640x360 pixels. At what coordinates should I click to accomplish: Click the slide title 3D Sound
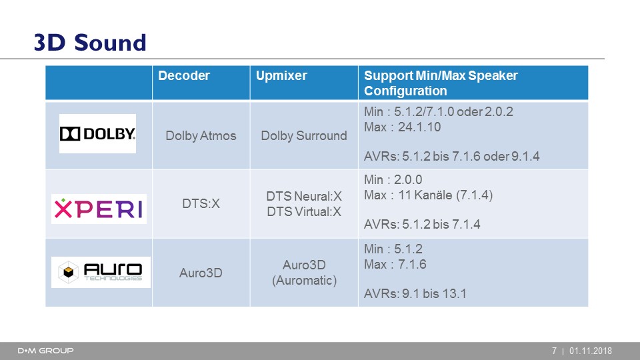coord(90,43)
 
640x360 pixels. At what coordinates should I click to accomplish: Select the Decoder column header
coord(184,75)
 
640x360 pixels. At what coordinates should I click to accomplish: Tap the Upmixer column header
coord(281,76)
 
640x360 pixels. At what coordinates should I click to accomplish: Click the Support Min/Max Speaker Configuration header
coord(441,83)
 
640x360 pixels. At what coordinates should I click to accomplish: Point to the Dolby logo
coord(97,133)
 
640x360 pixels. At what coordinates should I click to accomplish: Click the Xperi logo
coord(99,209)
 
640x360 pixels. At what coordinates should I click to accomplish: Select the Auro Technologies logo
coord(101,272)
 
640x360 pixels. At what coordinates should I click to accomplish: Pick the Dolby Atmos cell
coord(201,135)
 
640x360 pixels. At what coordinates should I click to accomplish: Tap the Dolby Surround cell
coord(304,135)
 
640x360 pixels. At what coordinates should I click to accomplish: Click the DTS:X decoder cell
coord(201,203)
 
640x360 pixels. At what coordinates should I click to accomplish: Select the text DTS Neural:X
coord(304,196)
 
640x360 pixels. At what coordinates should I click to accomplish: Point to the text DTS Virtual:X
coord(304,211)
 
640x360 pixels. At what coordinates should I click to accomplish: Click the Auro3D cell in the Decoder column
coord(201,273)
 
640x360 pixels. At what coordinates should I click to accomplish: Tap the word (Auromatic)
coord(305,281)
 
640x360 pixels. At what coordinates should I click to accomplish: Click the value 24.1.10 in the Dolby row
coord(419,127)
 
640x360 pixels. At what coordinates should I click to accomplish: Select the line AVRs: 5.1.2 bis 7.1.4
coord(422,224)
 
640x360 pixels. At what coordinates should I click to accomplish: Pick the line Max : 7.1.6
coord(395,264)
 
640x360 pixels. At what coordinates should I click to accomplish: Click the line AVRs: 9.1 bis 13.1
coord(415,293)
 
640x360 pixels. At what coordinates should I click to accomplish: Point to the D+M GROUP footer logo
coord(46,351)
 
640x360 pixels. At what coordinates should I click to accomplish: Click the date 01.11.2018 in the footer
coord(591,351)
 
